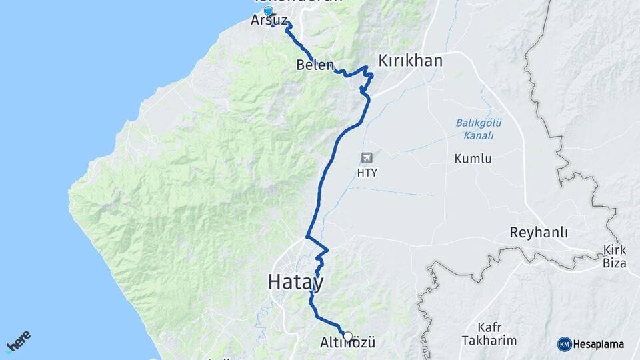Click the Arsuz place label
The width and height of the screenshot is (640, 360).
coord(268,21)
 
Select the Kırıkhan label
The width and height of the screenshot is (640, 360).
coord(410,61)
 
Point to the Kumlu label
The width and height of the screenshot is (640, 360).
coord(473,159)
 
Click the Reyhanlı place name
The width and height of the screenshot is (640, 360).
coord(538,233)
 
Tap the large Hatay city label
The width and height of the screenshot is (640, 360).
coord(296,282)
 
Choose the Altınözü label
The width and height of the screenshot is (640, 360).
coord(348,343)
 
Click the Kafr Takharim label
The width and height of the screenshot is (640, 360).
coord(488,334)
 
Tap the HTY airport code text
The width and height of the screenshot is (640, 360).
coord(367,173)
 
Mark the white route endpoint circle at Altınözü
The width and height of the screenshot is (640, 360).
coord(347,336)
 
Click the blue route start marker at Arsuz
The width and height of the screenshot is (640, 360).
coord(268,11)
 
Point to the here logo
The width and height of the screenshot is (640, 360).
coord(18,342)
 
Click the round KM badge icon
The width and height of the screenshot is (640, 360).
coord(565,344)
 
